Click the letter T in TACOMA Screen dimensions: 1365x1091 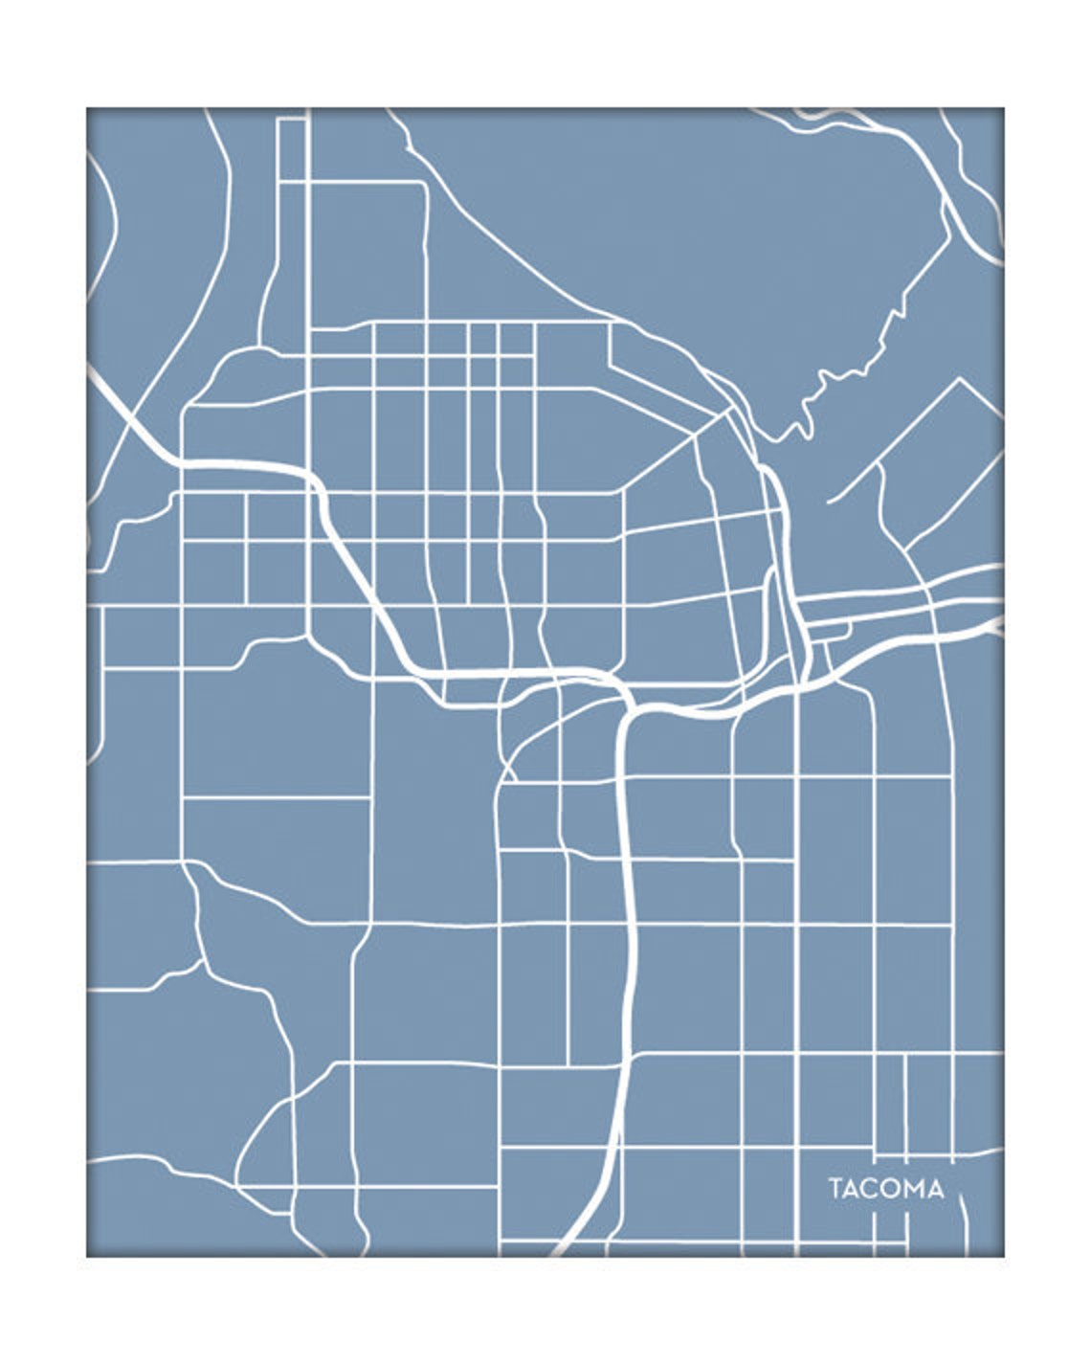point(835,1190)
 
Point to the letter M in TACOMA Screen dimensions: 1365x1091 point(914,1190)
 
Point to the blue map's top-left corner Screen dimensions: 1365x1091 point(87,108)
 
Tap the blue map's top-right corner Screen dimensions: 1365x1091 point(1003,108)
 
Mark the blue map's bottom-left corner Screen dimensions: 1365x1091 point(87,1256)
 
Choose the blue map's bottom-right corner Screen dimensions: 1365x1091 point(1003,1256)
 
